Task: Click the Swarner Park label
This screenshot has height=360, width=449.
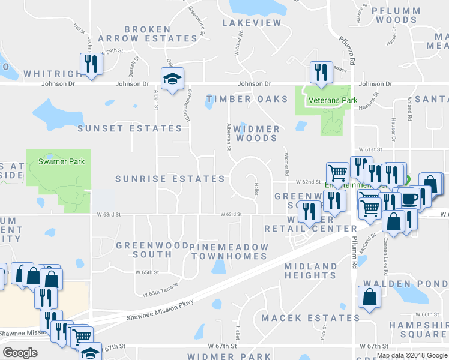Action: (x=61, y=161)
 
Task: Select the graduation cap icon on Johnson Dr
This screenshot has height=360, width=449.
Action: (x=172, y=79)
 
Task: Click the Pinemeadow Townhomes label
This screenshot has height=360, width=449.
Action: (x=228, y=251)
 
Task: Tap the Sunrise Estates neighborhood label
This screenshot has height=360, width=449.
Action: (x=170, y=179)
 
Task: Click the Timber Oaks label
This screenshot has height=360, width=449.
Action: (x=247, y=99)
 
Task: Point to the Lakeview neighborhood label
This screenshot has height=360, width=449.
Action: (x=252, y=23)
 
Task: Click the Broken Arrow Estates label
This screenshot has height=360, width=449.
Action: (x=160, y=34)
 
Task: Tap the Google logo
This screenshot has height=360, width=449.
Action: (x=20, y=352)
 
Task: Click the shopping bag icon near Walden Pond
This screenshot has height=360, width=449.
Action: (x=369, y=296)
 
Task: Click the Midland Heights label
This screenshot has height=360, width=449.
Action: (x=310, y=271)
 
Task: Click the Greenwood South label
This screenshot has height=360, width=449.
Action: (x=144, y=250)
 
